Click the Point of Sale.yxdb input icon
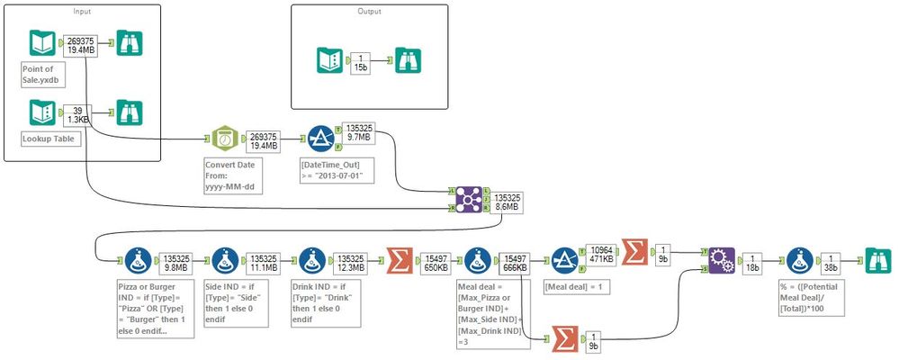pos(40,44)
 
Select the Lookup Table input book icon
pos(40,114)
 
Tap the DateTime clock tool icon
pos(222,140)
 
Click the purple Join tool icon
pos(466,198)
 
